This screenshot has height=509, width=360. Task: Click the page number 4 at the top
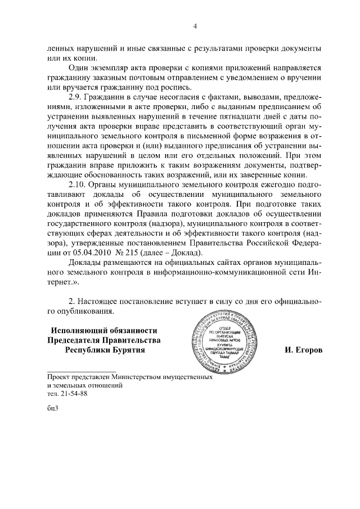(195, 26)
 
